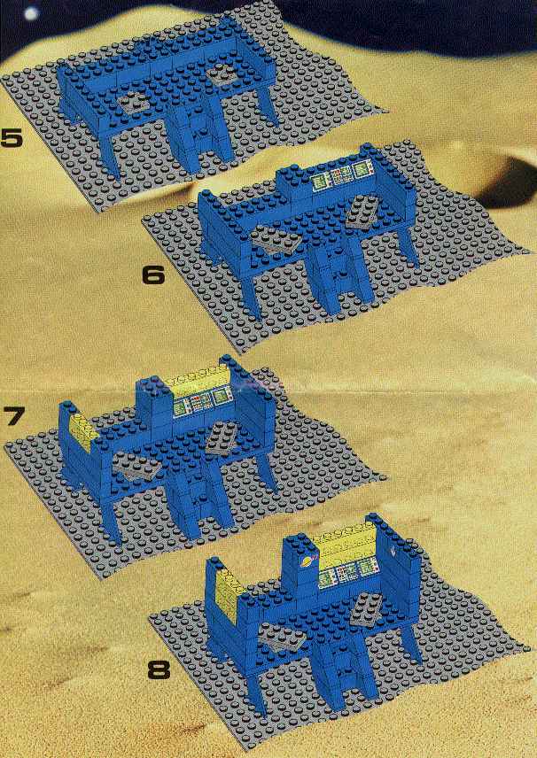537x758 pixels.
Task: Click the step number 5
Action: pyautogui.click(x=12, y=137)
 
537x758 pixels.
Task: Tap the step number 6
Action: pyautogui.click(x=153, y=275)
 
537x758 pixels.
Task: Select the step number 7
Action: pyautogui.click(x=13, y=415)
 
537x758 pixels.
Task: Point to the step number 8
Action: pyautogui.click(x=159, y=670)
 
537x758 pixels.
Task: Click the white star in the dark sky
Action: pyautogui.click(x=31, y=13)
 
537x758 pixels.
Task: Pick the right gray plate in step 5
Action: pyautogui.click(x=223, y=74)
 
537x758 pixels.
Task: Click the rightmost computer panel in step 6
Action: pyautogui.click(x=362, y=169)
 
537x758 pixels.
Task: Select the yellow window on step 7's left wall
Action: pyautogui.click(x=83, y=433)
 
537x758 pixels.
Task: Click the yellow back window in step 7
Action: pyautogui.click(x=199, y=381)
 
